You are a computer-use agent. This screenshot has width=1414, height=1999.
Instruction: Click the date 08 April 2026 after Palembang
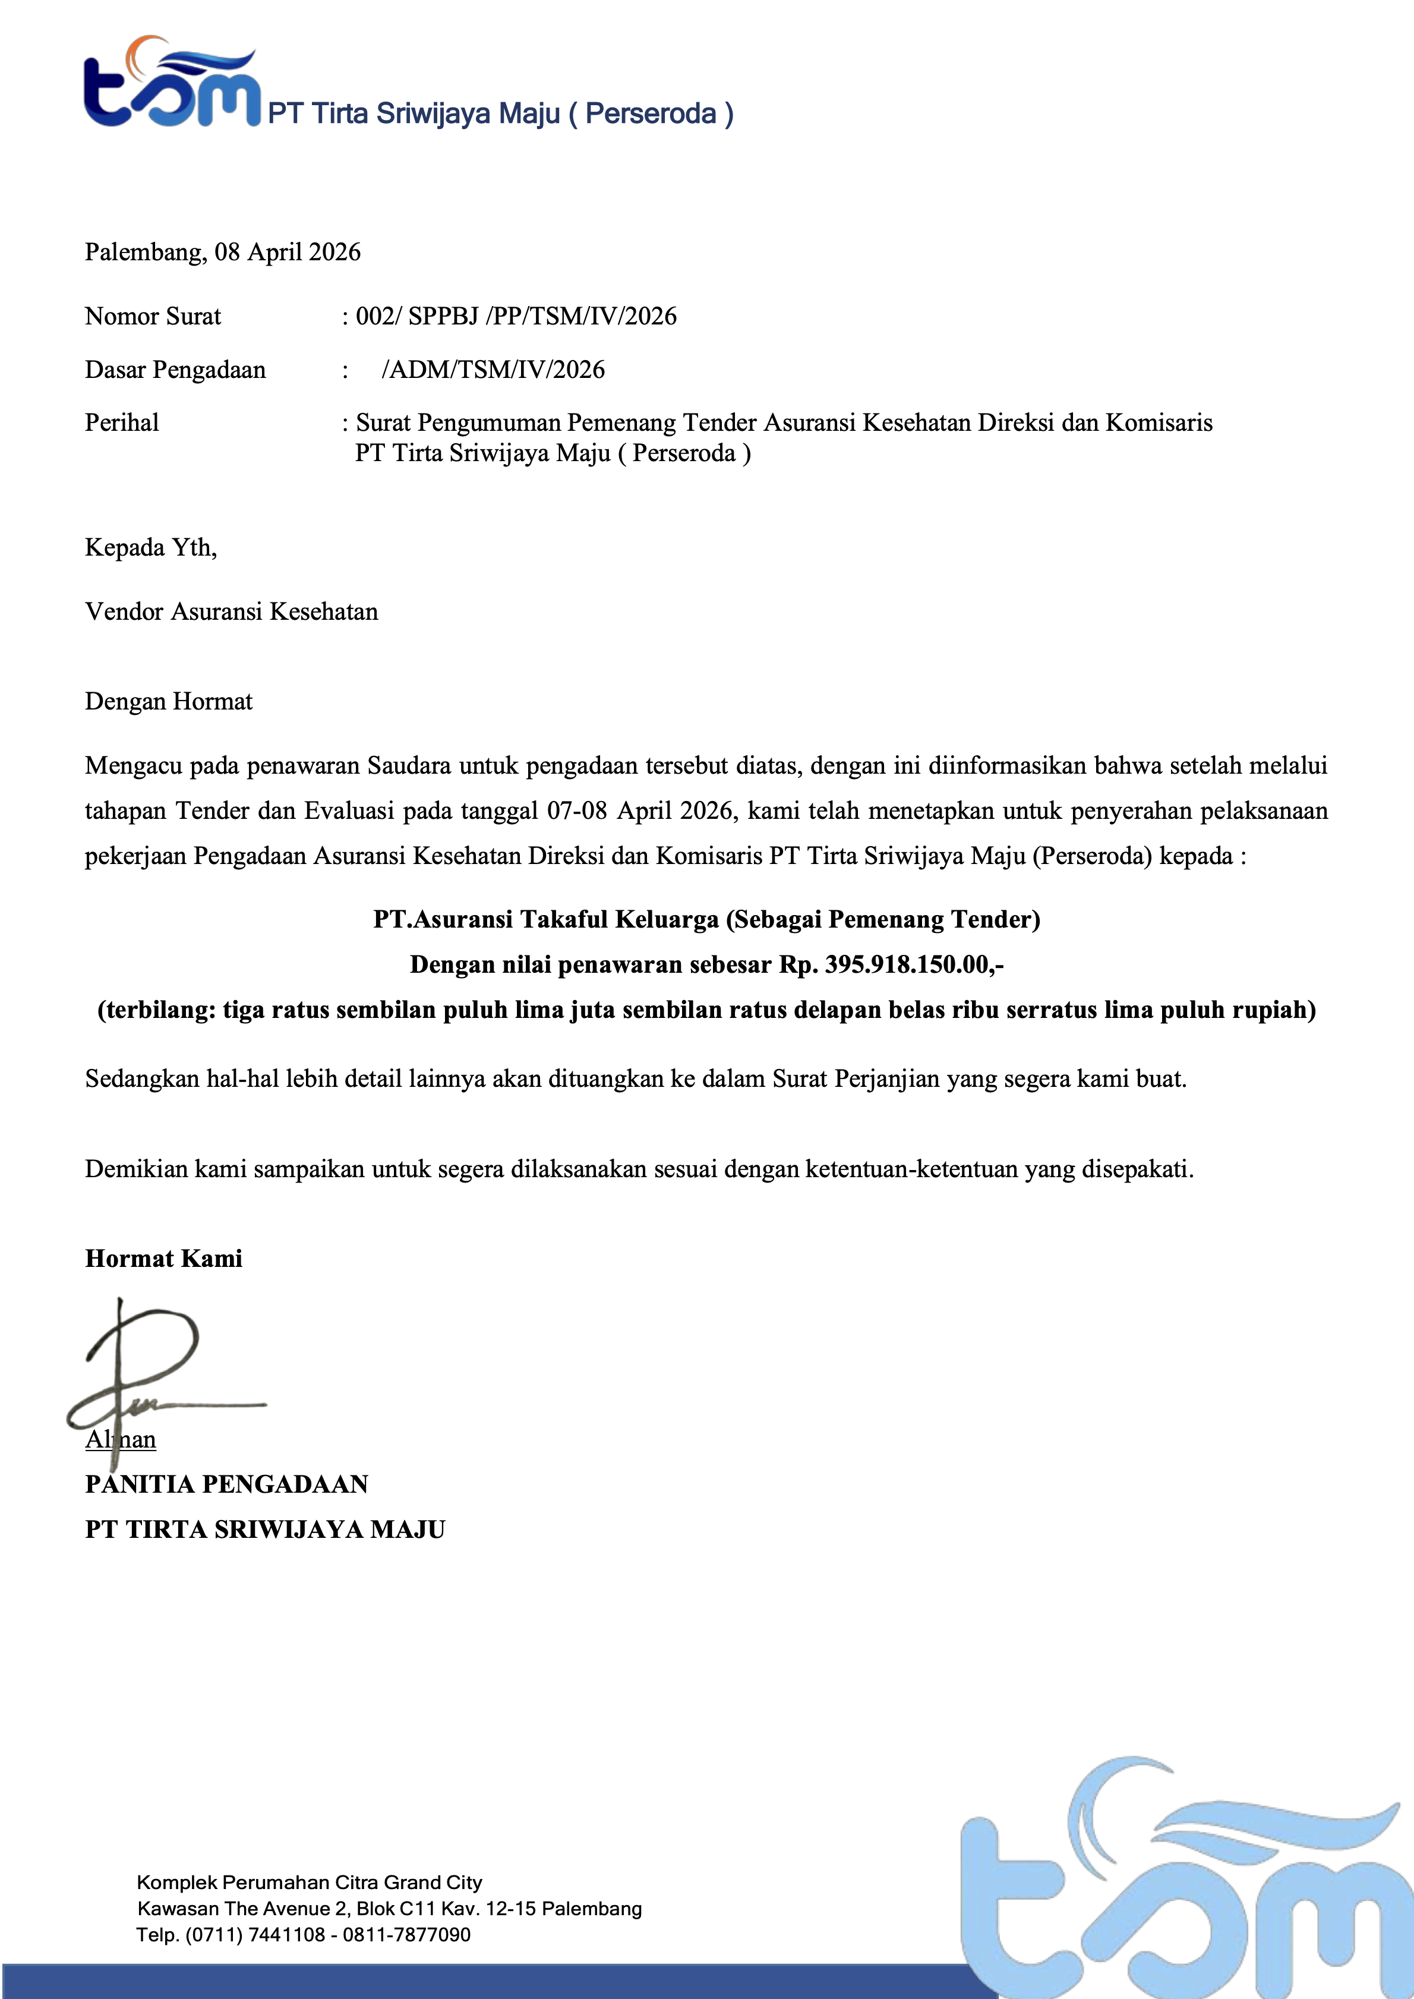pyautogui.click(x=288, y=253)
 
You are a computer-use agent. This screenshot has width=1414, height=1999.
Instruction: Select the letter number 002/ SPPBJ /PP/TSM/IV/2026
pyautogui.click(x=516, y=316)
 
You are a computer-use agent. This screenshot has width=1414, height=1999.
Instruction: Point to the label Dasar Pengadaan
pyautogui.click(x=175, y=370)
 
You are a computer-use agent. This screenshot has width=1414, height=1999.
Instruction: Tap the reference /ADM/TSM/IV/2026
pyautogui.click(x=493, y=370)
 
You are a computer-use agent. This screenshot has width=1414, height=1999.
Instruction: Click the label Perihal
pyautogui.click(x=122, y=423)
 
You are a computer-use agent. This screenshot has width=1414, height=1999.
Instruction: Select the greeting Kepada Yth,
pyautogui.click(x=151, y=548)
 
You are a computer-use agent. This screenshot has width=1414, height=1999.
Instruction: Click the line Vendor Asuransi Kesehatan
pyautogui.click(x=232, y=612)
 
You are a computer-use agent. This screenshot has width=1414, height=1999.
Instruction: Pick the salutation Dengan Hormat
pyautogui.click(x=168, y=702)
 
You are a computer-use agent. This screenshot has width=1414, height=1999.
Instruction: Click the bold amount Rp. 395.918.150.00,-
pyautogui.click(x=891, y=964)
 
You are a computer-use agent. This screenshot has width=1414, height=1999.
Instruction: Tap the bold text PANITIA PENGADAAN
pyautogui.click(x=226, y=1484)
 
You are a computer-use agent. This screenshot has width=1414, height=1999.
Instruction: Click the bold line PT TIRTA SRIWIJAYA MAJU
pyautogui.click(x=265, y=1530)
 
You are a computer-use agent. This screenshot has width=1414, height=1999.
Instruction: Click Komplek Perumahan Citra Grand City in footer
pyautogui.click(x=309, y=1883)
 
